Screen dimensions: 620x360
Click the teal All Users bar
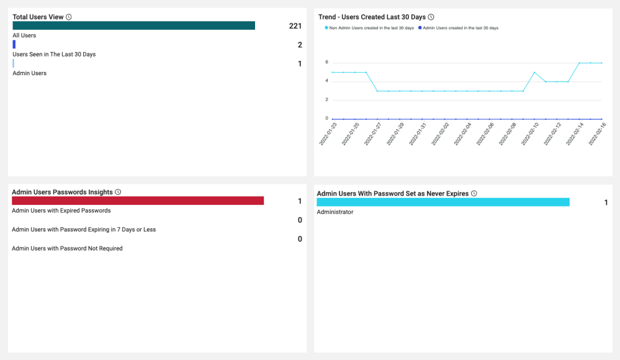(133, 25)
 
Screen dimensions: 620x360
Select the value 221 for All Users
(295, 26)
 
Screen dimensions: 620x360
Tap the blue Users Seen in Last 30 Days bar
(14, 44)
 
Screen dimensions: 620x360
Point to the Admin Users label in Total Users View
(29, 73)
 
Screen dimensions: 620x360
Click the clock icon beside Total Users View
(69, 17)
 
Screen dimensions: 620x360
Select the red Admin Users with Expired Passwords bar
(138, 200)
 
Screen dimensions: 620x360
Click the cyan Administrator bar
(443, 202)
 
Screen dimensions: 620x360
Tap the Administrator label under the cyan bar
(335, 212)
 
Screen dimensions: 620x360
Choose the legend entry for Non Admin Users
(369, 28)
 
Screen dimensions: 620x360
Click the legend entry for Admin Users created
(458, 28)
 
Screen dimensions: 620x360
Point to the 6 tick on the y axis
(326, 62)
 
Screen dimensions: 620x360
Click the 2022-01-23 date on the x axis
(328, 133)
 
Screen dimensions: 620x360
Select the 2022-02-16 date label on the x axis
(597, 133)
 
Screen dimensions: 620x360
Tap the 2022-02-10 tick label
(530, 133)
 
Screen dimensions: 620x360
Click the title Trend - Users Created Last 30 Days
(372, 17)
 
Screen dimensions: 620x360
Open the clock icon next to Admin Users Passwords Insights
(118, 192)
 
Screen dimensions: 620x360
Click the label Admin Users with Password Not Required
(67, 248)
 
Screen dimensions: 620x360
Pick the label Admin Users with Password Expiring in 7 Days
(84, 230)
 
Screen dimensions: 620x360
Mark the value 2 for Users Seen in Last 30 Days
(300, 45)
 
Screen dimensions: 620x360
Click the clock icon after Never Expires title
(474, 194)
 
